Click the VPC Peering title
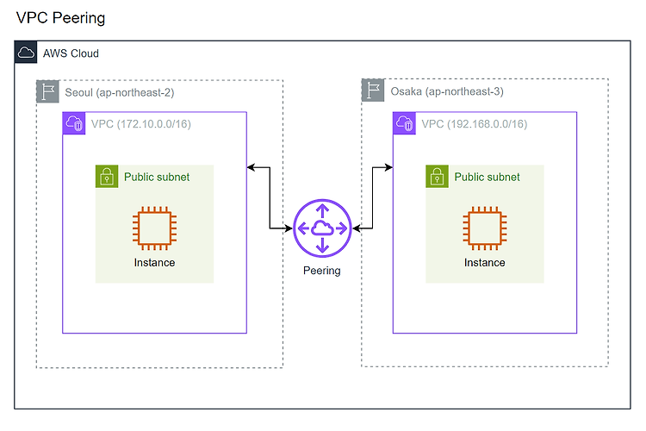[x=60, y=18]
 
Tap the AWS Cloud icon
[x=26, y=53]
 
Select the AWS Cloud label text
[x=71, y=53]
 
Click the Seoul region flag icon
[x=47, y=91]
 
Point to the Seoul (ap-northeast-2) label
[x=120, y=92]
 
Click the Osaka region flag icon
[x=373, y=90]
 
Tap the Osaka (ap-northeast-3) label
[x=447, y=91]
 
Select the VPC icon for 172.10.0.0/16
[x=74, y=123]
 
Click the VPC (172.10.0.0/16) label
[x=141, y=124]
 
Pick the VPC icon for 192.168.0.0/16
[x=405, y=123]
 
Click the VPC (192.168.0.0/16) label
[x=475, y=124]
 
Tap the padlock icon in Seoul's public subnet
[x=107, y=177]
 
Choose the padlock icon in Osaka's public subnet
[x=437, y=177]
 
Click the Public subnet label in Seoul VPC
[x=157, y=177]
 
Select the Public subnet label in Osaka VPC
[x=487, y=177]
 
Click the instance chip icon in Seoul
[x=154, y=228]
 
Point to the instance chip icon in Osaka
[x=485, y=228]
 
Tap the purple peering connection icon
[x=322, y=228]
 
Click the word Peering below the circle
[x=322, y=271]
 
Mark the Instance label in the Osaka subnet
[x=484, y=263]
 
